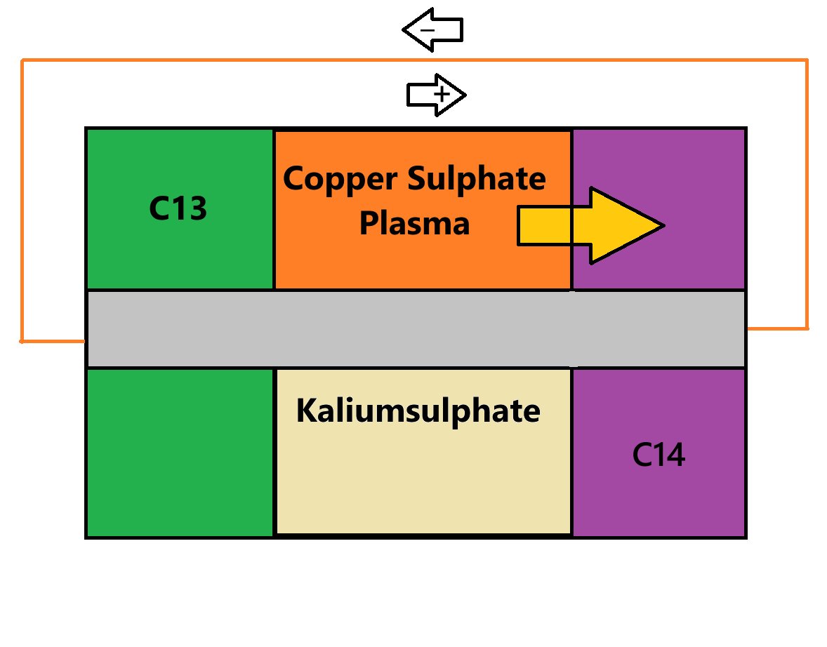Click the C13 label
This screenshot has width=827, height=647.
(178, 208)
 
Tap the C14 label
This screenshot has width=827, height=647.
(659, 455)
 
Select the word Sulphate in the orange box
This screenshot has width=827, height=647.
(477, 178)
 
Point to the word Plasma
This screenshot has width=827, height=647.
(414, 223)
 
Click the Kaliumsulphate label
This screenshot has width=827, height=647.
(418, 411)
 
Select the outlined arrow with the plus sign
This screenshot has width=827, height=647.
(436, 94)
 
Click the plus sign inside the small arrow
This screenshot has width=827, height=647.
(442, 93)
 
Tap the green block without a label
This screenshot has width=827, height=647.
(180, 453)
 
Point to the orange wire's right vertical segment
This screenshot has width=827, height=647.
(807, 196)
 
